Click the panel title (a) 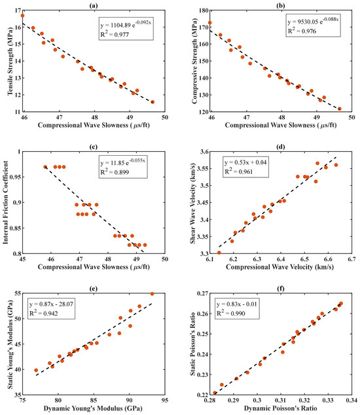(94, 5)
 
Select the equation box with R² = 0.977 (126, 29)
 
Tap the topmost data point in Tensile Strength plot (22, 16)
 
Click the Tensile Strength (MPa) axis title (10, 61)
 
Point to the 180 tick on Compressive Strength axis (204, 10)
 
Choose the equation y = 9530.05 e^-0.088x (313, 21)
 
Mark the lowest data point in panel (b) (340, 109)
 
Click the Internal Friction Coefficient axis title (5, 202)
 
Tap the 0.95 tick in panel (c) (15, 177)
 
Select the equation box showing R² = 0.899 (123, 168)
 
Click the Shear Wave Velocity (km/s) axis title (192, 203)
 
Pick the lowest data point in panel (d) (219, 253)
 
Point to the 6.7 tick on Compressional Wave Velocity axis (351, 259)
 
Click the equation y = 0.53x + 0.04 (245, 162)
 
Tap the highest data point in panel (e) (153, 294)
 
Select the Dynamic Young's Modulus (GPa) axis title (93, 408)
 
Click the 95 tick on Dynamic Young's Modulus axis (165, 401)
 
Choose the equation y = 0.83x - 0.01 (237, 304)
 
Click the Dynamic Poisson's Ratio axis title (280, 408)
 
